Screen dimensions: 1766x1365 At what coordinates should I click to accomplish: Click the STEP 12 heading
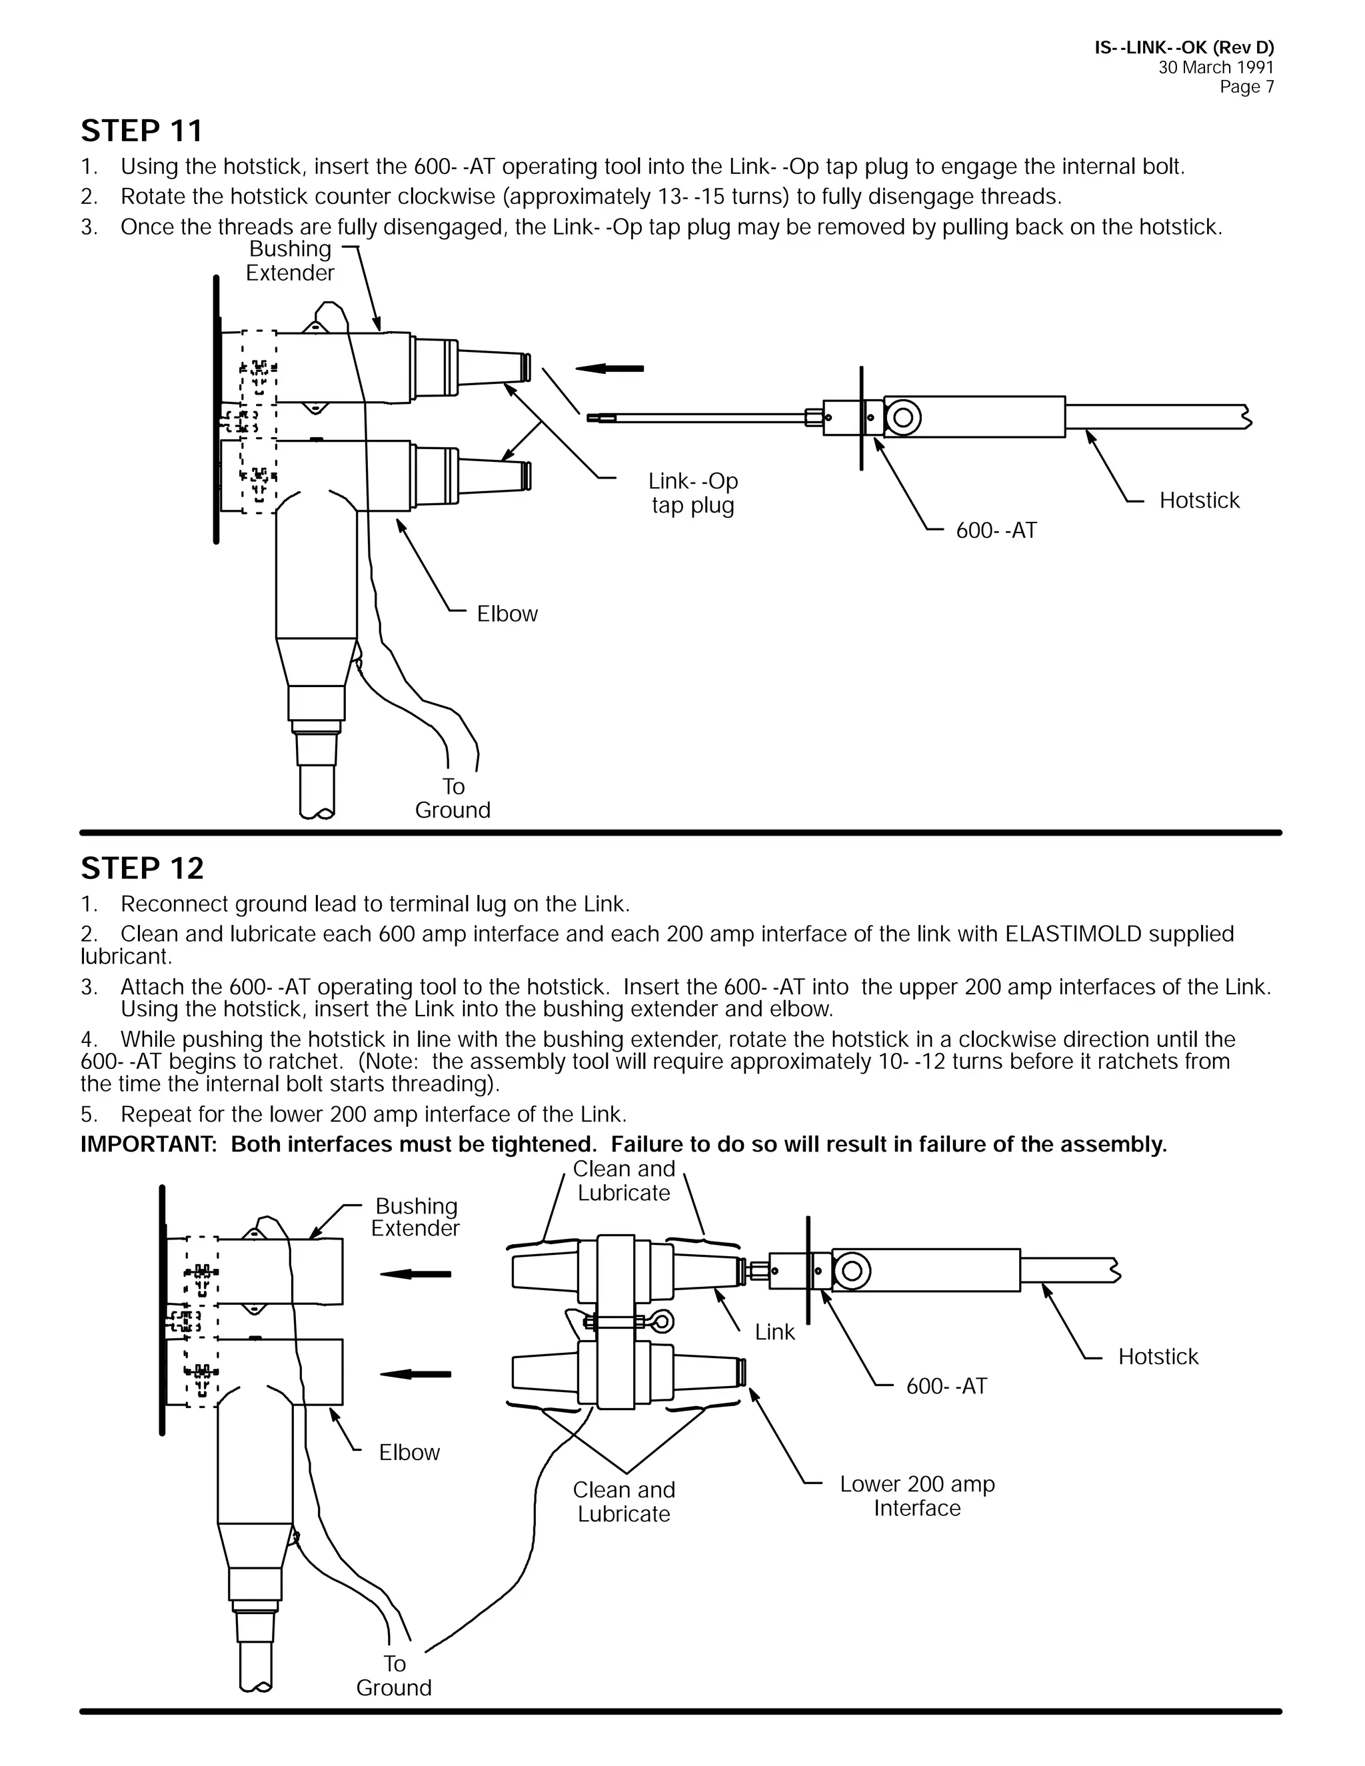coord(143,868)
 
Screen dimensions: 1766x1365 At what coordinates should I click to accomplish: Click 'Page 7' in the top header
coord(1246,87)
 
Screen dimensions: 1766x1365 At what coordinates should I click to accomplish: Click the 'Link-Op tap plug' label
coord(693,493)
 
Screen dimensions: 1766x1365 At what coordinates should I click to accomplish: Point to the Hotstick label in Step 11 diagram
coord(1198,500)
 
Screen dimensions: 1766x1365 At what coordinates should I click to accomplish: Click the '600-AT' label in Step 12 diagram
coord(946,1386)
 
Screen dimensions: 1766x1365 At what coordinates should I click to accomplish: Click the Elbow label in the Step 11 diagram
coord(507,614)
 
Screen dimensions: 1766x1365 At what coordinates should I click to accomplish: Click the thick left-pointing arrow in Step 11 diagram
coord(610,369)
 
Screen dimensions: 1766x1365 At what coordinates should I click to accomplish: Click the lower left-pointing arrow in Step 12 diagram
coord(416,1374)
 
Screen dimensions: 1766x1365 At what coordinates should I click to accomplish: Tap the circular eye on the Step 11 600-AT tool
coord(903,417)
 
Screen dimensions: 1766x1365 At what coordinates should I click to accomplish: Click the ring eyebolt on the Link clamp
coord(663,1323)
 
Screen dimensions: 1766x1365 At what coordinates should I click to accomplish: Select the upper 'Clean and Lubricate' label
coord(623,1181)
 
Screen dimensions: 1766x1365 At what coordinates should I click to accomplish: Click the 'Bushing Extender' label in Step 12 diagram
coord(416,1217)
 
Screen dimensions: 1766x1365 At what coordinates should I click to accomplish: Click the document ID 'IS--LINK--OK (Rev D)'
coord(1184,48)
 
